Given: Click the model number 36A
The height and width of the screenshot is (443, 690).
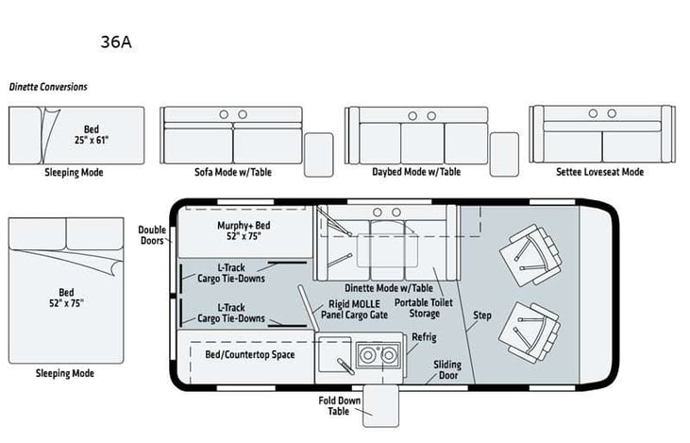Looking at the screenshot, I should click(x=114, y=43).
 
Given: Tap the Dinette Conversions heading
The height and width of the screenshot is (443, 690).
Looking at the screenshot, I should click(x=48, y=87).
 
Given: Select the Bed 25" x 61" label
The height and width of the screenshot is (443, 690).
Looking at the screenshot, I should click(x=93, y=136).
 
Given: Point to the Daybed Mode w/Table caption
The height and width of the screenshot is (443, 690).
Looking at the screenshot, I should click(x=416, y=173).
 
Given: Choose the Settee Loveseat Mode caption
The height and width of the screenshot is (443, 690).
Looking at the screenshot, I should click(x=600, y=173).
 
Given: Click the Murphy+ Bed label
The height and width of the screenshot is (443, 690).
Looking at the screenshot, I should click(x=244, y=230).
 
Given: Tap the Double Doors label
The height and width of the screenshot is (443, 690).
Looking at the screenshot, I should click(x=152, y=235).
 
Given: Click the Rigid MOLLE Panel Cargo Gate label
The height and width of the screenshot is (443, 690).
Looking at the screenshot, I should click(x=354, y=309).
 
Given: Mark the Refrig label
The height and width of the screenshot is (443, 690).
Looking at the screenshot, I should click(x=424, y=337).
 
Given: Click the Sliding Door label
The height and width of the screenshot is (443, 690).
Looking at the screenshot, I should click(x=446, y=369).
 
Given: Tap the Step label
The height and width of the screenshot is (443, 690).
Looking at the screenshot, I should click(x=482, y=315).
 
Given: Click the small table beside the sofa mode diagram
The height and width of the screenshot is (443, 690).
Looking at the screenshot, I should click(x=318, y=154).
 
